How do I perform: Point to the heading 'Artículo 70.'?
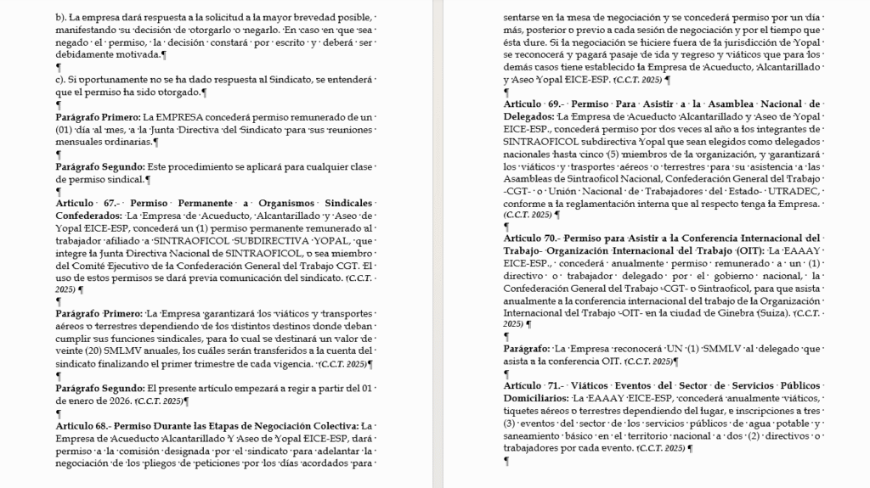click(x=532, y=238)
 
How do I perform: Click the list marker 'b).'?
click(x=61, y=17)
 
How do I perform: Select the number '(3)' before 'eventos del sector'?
click(x=510, y=423)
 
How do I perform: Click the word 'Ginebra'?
click(x=749, y=313)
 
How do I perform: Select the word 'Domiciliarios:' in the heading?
click(x=536, y=398)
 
